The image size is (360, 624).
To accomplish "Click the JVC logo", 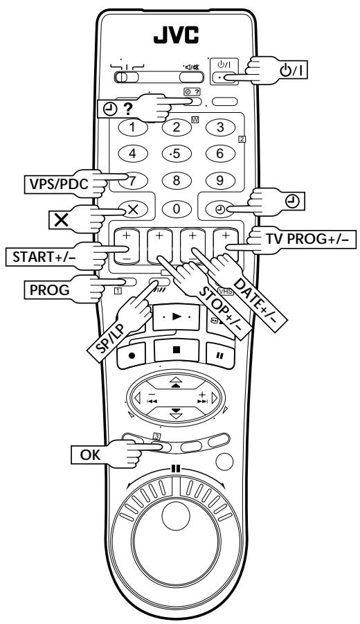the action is point(177,35).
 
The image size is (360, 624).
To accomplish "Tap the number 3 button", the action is point(220,127).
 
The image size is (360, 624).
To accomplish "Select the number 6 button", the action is point(220,154).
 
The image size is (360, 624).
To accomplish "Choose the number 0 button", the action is point(177,208).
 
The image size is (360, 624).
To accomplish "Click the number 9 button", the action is point(220,181).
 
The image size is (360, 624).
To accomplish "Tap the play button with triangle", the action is point(176,317).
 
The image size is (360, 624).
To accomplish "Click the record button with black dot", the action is point(132,356).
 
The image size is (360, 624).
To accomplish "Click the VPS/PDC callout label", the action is point(58,184).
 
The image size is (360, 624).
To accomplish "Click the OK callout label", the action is point(90,455).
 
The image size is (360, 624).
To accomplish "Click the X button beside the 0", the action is point(132,210).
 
